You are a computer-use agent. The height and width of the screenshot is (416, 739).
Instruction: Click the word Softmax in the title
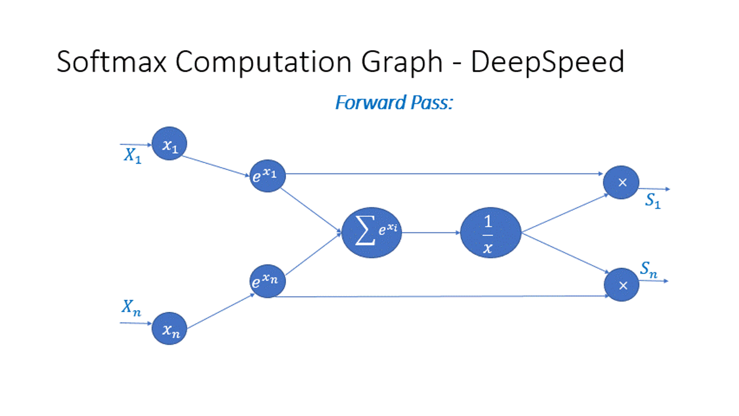click(x=112, y=61)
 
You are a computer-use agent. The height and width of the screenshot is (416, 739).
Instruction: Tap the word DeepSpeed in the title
click(x=547, y=61)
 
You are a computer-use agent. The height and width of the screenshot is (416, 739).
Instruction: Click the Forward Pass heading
click(x=395, y=103)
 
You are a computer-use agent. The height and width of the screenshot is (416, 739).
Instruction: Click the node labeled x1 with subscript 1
click(x=170, y=144)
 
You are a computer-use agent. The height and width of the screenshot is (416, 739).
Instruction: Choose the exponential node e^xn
click(x=268, y=282)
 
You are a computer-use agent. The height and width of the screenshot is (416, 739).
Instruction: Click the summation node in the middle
click(x=372, y=232)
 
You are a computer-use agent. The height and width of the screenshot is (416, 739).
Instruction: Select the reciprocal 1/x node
click(x=491, y=233)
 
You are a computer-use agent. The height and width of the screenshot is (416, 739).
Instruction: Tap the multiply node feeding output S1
click(x=621, y=182)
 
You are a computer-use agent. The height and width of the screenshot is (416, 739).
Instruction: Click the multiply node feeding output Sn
click(x=621, y=285)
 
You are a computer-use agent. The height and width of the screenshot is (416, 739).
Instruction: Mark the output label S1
click(x=652, y=202)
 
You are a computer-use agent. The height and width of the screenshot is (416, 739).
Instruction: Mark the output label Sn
click(x=648, y=269)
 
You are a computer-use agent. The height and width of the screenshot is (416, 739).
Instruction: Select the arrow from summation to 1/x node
click(x=431, y=233)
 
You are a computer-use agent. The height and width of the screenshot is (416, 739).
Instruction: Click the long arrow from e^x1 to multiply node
click(x=444, y=174)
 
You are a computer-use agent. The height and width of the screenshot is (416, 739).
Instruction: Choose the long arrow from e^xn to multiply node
click(x=444, y=296)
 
